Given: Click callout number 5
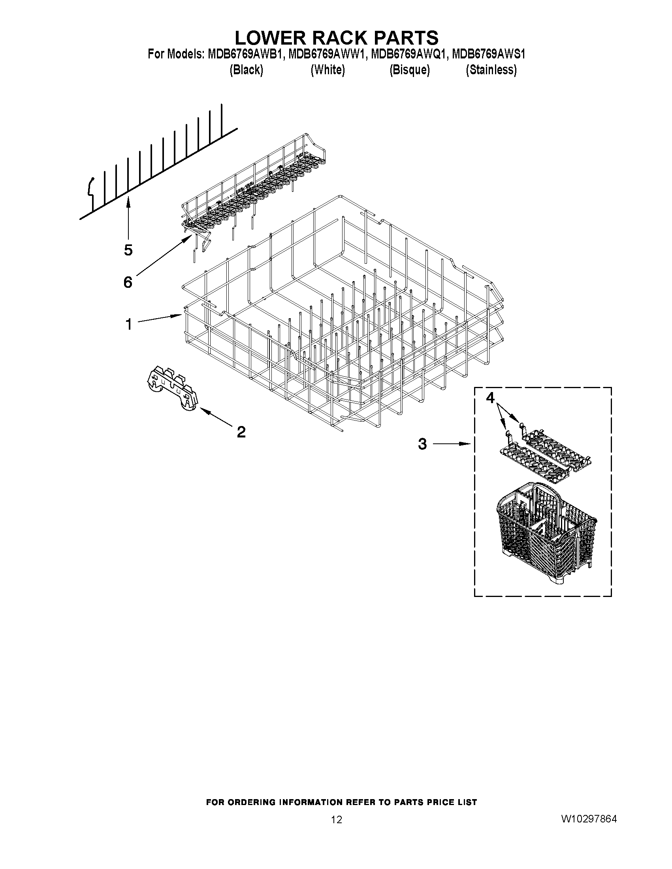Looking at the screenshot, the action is [128, 250].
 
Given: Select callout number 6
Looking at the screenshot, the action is [127, 282].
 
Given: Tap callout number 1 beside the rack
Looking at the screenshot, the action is [128, 324].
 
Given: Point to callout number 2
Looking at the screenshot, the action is [241, 432].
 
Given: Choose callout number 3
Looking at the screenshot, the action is [422, 444].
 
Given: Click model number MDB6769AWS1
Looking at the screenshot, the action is [488, 54].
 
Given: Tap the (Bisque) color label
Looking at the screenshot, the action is [410, 70].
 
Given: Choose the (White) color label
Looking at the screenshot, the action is [328, 70].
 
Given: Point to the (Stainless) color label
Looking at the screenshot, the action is [491, 70].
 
